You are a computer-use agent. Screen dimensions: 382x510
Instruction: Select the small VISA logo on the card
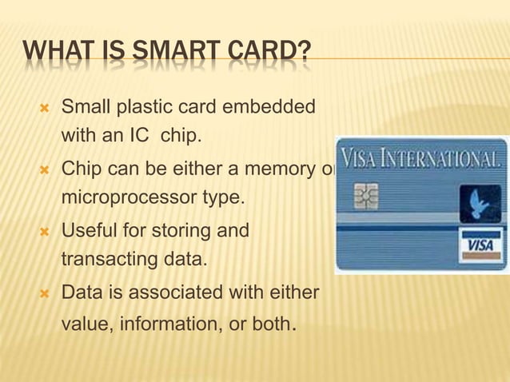pos(480,245)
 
